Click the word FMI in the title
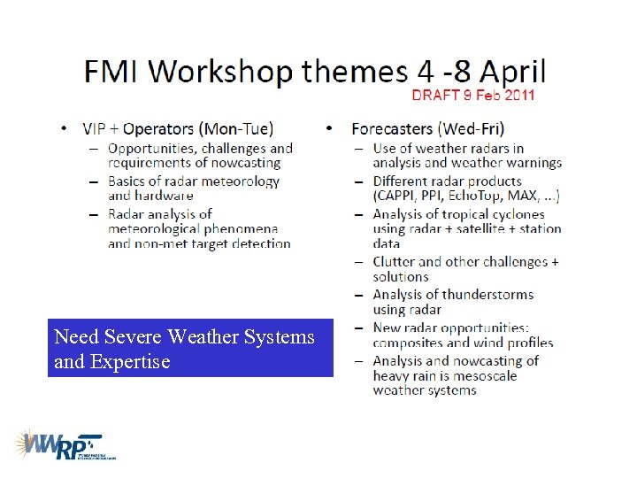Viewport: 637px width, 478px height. tap(113, 71)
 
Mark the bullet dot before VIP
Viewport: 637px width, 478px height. tap(64, 128)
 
